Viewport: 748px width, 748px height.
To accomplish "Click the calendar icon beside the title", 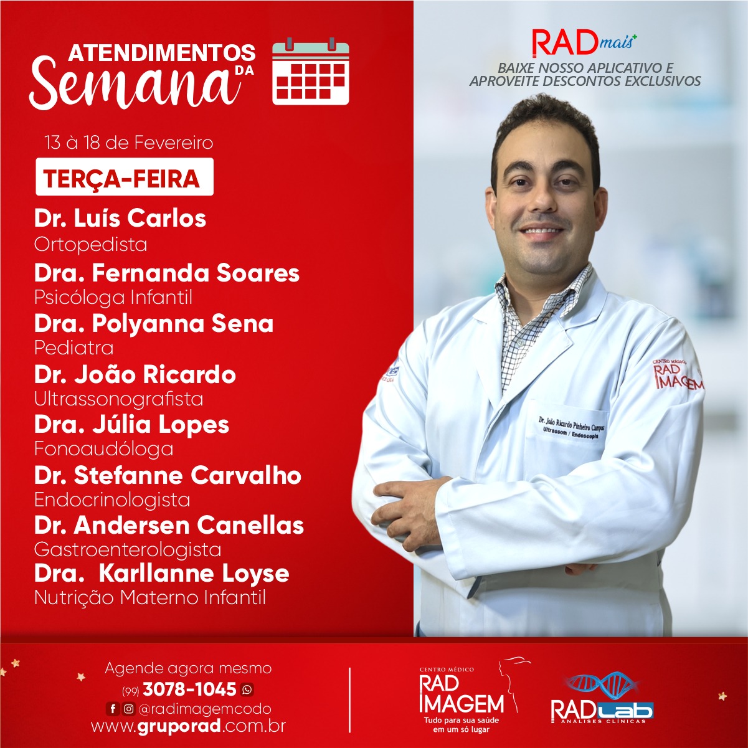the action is point(311,72).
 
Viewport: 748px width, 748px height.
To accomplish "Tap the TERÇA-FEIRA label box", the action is point(124,177).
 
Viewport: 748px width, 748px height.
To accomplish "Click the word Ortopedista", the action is point(90,245).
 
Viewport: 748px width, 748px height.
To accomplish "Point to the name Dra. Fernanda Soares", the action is point(167,273).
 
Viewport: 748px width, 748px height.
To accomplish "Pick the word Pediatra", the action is point(73,348).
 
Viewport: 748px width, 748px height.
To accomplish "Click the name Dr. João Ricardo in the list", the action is point(135,374).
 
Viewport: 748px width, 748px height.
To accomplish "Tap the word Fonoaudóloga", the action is point(103,449).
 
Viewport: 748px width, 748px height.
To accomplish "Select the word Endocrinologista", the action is point(112,499).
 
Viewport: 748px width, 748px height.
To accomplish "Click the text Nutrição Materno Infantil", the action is point(150,597).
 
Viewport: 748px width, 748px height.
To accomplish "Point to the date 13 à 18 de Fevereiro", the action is point(128,143).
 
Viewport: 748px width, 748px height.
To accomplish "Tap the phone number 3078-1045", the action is point(189,689).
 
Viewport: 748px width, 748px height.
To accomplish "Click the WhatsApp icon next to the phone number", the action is point(247,690).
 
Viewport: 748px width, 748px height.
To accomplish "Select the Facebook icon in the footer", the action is point(113,709).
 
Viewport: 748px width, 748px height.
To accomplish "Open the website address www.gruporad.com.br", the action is point(189,726).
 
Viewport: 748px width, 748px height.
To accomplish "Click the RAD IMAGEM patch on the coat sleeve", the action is point(678,374).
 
